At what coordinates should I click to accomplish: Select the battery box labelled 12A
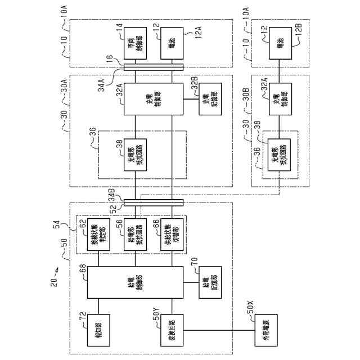pyautogui.click(x=171, y=43)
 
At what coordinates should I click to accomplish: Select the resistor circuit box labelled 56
pyautogui.click(x=135, y=232)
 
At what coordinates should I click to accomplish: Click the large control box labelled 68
pyautogui.click(x=135, y=282)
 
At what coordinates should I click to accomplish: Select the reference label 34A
pyautogui.click(x=101, y=84)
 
